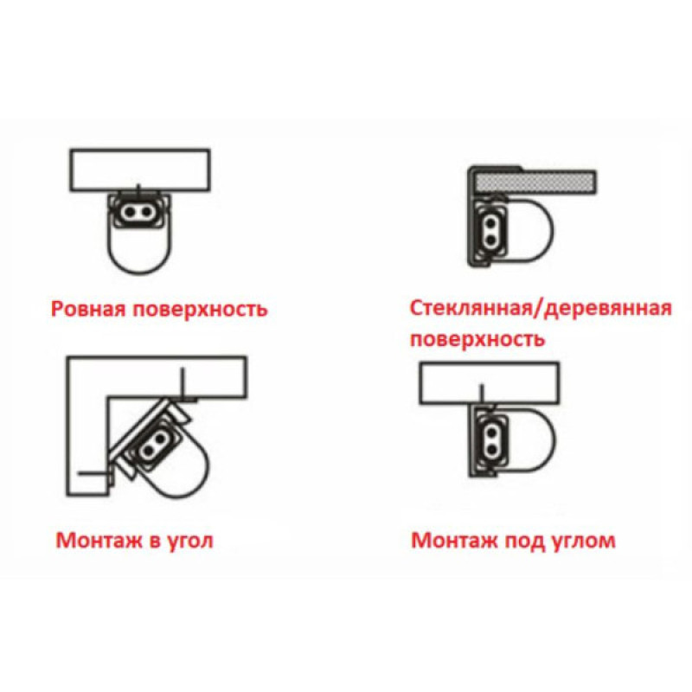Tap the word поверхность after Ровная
(x=200, y=309)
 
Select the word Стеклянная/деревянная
(x=541, y=309)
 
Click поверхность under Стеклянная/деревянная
(x=477, y=339)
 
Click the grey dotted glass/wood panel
(x=535, y=183)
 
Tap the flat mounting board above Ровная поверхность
(x=140, y=170)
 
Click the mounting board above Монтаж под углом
(x=489, y=383)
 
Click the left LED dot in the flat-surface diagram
(x=130, y=212)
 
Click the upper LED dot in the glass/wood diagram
(x=490, y=223)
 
